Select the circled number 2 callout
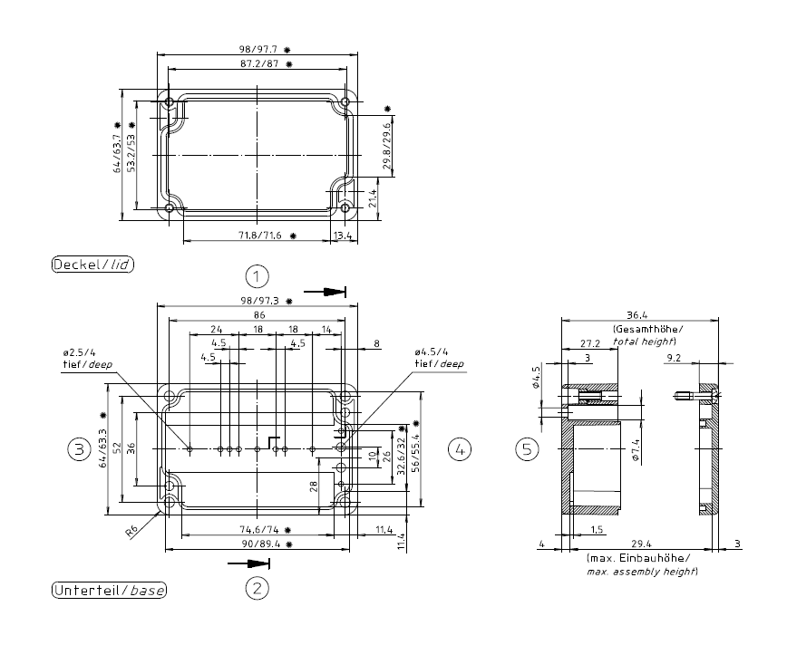(x=258, y=589)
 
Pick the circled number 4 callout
(x=460, y=448)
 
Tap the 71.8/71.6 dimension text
(x=259, y=236)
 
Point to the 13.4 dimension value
(x=344, y=236)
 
